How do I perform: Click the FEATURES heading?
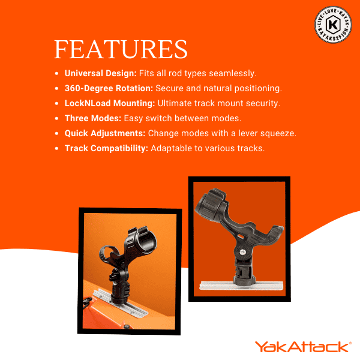coord(121,49)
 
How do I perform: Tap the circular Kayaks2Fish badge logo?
coord(333,25)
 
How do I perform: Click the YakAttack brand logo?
coord(303,347)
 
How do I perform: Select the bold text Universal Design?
coord(101,73)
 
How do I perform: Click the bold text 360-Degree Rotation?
coord(109,88)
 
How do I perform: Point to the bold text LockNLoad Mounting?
coord(110,103)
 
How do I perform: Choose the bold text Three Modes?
coord(93,118)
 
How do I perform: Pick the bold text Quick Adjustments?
coord(105,133)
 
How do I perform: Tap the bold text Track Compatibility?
coord(107,148)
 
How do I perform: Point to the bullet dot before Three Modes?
coord(57,118)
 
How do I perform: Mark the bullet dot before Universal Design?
coord(57,74)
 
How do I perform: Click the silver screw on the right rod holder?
coord(243,252)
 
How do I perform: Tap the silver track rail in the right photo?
coord(241,285)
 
